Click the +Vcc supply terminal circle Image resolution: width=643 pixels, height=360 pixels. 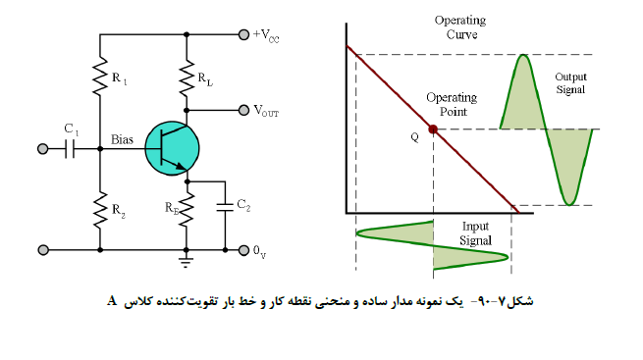pyautogui.click(x=244, y=34)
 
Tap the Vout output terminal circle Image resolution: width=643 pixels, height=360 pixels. pyautogui.click(x=244, y=110)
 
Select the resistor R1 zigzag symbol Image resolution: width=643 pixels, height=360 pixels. pyautogui.click(x=100, y=77)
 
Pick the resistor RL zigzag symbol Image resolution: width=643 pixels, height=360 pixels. pyautogui.click(x=187, y=78)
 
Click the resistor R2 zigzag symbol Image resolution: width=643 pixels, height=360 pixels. pyautogui.click(x=100, y=210)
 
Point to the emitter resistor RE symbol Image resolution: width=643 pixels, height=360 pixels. pyautogui.click(x=187, y=210)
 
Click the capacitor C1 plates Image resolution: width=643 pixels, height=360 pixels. pyautogui.click(x=70, y=149)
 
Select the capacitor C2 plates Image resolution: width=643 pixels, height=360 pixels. pyautogui.click(x=225, y=207)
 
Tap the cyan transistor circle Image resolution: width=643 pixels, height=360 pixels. pyautogui.click(x=172, y=148)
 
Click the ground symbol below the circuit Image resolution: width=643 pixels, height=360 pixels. pyautogui.click(x=187, y=262)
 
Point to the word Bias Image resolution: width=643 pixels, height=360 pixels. pyautogui.click(x=122, y=139)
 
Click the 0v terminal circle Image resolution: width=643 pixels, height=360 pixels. pyautogui.click(x=244, y=250)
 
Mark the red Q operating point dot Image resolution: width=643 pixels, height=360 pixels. pyautogui.click(x=433, y=129)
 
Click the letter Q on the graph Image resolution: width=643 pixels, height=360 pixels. pyautogui.click(x=415, y=137)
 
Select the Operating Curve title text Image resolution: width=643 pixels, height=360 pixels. pyautogui.click(x=460, y=27)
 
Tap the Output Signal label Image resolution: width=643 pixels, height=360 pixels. pyautogui.click(x=570, y=83)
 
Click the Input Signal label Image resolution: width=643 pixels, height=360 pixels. pyautogui.click(x=475, y=233)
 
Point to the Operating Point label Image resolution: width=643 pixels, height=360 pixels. pyautogui.click(x=452, y=104)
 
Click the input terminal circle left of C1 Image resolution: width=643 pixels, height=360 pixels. pyautogui.click(x=42, y=149)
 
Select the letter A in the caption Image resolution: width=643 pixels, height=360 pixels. pyautogui.click(x=112, y=301)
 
